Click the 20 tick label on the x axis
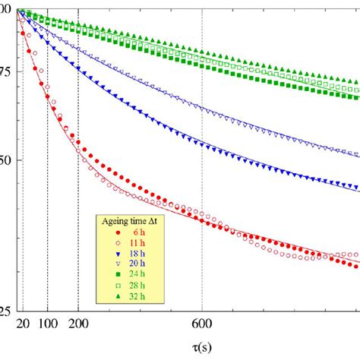[x=21, y=324]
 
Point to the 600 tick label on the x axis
[x=202, y=324]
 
